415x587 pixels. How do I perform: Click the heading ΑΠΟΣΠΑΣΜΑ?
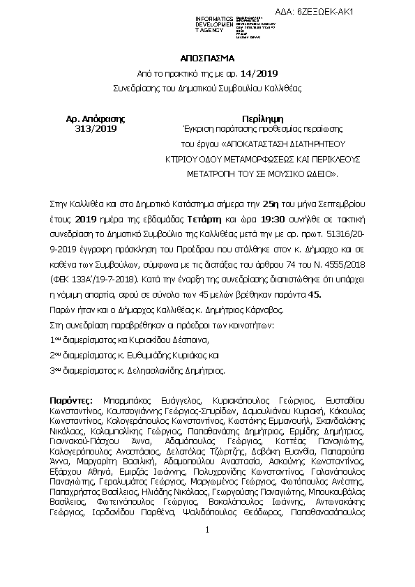207,59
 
